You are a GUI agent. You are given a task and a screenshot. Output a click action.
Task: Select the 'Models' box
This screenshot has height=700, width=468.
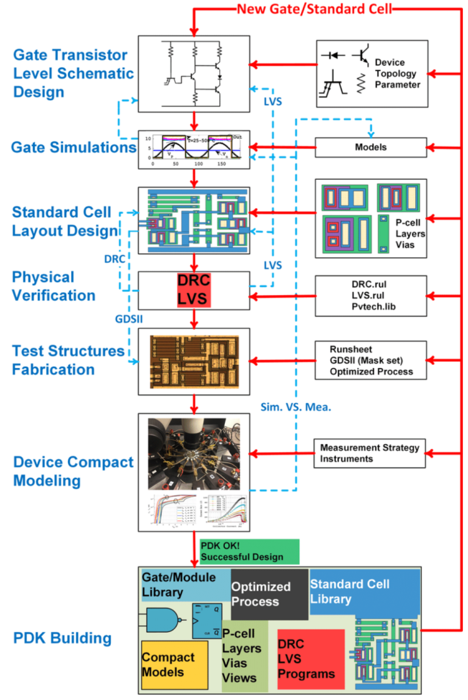pos(370,147)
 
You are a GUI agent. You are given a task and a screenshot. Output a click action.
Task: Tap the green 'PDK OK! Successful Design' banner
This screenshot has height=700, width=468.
pos(249,551)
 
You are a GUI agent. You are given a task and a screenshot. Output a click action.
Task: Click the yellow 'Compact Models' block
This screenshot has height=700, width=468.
pos(174,664)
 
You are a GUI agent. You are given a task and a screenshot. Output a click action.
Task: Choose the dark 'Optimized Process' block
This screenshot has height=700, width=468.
pos(269,594)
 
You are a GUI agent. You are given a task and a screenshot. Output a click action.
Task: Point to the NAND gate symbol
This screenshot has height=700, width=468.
pos(166,620)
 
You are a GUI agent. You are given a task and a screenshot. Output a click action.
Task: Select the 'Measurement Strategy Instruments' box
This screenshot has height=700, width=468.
pos(370,453)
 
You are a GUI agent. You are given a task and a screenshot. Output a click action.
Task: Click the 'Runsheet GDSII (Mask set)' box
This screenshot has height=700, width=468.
pos(370,361)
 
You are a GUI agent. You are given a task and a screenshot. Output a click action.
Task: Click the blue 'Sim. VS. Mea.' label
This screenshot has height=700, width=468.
pos(295,407)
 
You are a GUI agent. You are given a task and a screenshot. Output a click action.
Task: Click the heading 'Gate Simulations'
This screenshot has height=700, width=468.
pos(74,148)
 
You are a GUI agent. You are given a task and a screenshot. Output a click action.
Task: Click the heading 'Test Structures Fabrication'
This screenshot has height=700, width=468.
pos(68,360)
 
